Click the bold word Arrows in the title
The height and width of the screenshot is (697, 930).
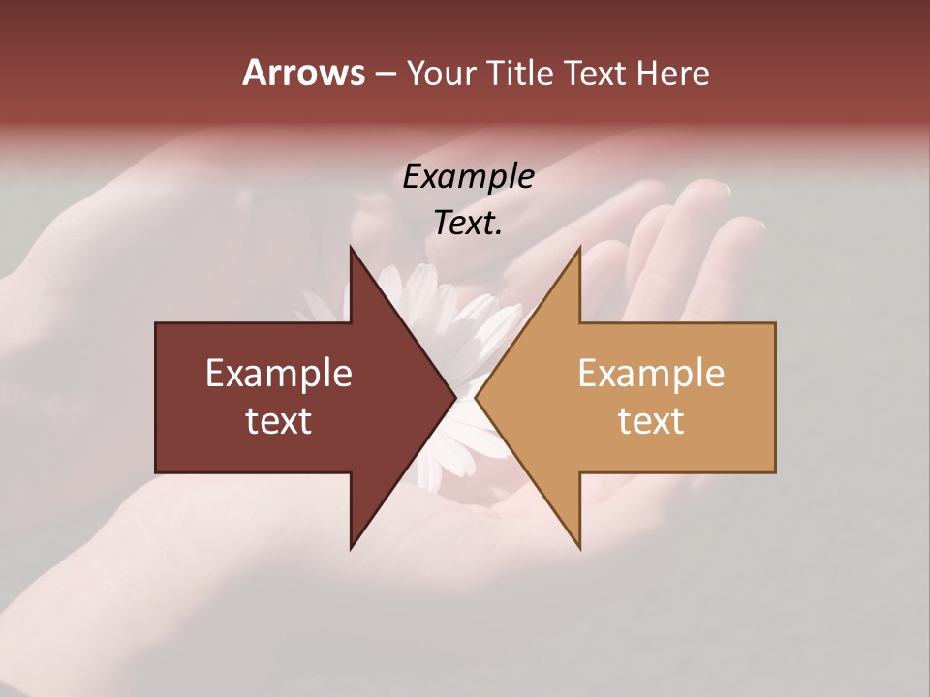pos(303,73)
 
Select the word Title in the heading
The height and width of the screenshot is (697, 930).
pos(525,74)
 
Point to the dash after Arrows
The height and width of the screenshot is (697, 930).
pos(385,75)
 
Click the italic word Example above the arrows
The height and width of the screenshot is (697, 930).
pos(468,177)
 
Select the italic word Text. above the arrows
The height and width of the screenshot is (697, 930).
pos(468,224)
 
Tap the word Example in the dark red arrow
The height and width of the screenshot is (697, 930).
pos(279,374)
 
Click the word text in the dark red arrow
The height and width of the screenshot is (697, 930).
pos(279,421)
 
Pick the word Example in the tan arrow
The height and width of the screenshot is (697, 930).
pos(651,374)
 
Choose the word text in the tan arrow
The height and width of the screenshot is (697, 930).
pos(651,421)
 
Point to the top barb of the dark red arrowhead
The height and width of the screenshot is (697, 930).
pos(353,253)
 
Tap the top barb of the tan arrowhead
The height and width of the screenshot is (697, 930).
pos(578,253)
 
